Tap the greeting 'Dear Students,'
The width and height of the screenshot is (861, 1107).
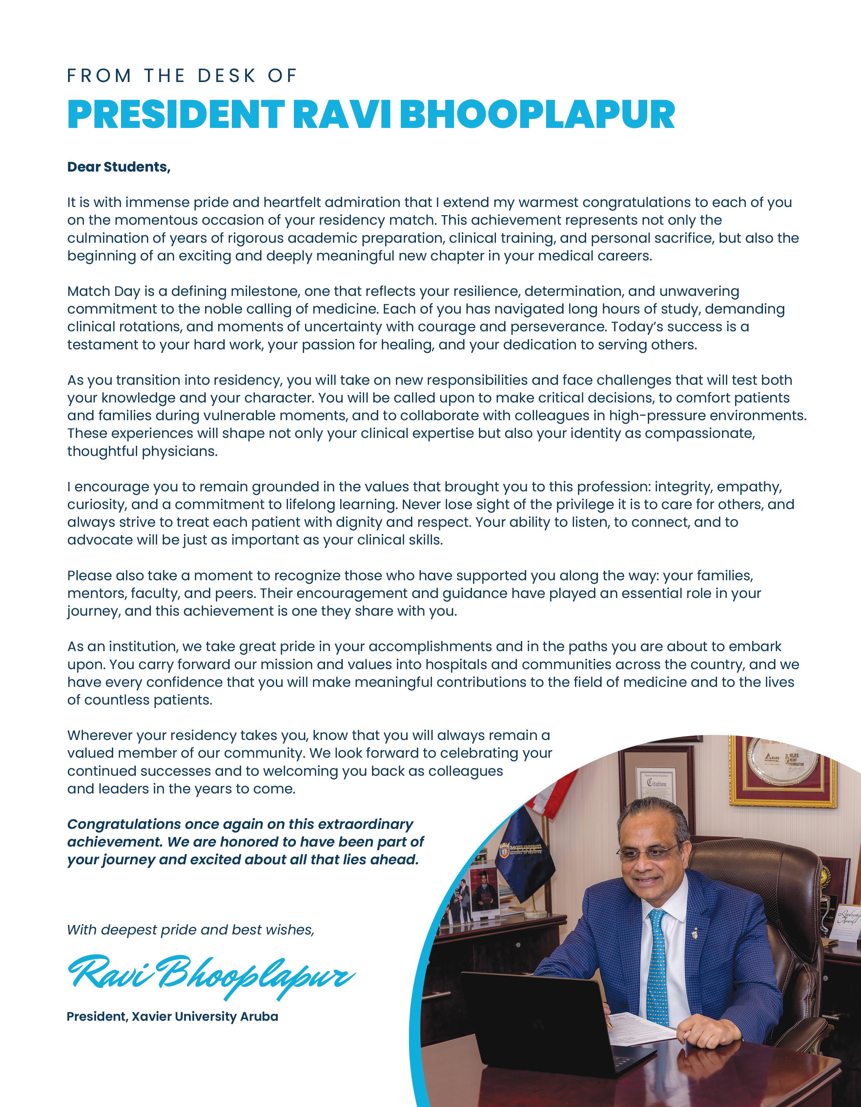tap(119, 167)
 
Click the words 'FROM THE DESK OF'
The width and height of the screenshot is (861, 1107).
tap(181, 76)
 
